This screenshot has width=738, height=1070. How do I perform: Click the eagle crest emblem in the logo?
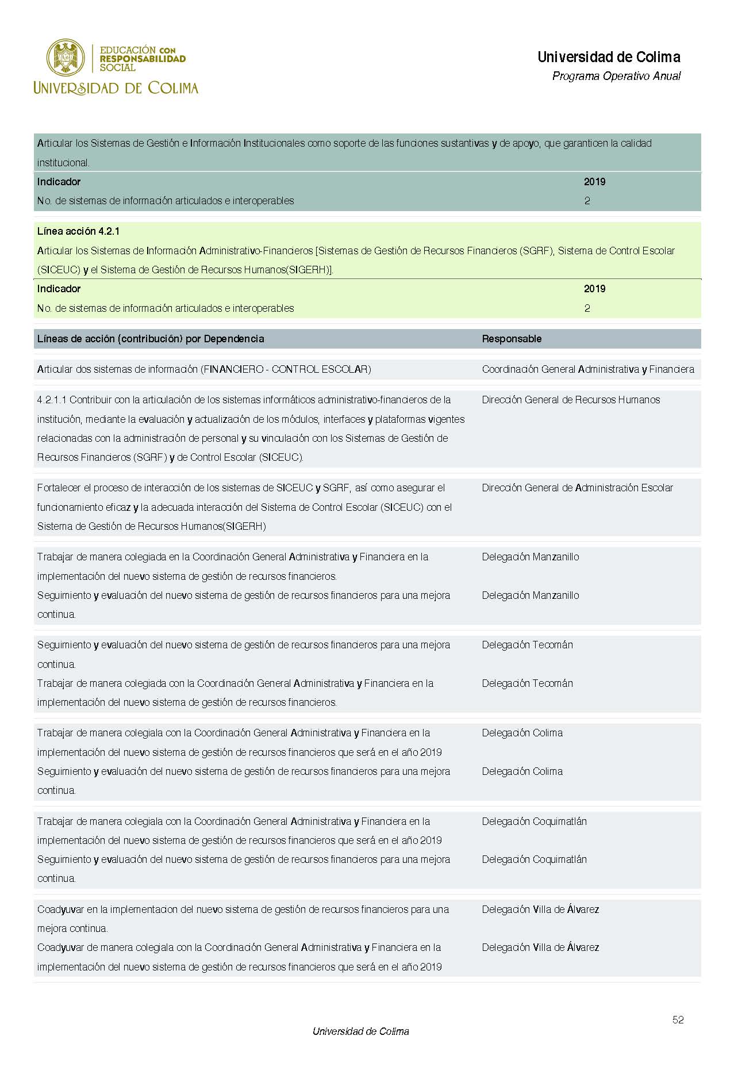click(x=66, y=58)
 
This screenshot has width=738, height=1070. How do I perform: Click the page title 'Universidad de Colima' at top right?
click(x=609, y=57)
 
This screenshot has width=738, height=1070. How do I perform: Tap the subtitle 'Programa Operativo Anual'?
click(x=616, y=76)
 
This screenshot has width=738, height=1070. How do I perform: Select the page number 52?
click(x=678, y=1020)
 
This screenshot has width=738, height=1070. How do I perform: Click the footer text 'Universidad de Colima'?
click(x=360, y=1031)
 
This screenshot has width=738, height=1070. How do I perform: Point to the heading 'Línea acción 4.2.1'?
click(x=78, y=231)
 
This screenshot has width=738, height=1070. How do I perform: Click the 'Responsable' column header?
click(x=512, y=339)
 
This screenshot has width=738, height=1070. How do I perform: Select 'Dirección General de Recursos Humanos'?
click(x=571, y=400)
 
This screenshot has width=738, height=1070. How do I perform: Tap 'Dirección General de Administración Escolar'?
click(x=577, y=488)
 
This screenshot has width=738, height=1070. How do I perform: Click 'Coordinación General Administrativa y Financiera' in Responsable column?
click(x=588, y=369)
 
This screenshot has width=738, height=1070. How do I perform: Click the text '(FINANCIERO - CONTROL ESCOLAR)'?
click(x=286, y=369)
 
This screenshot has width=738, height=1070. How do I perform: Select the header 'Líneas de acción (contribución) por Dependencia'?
click(x=151, y=339)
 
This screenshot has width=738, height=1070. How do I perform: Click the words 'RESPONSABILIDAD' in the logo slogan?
click(x=143, y=59)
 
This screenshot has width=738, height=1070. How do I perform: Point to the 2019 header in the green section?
click(x=594, y=289)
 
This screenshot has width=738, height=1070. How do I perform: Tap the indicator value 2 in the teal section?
click(x=587, y=201)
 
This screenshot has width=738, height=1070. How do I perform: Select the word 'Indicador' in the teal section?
click(x=59, y=182)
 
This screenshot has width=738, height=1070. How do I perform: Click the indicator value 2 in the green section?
click(x=587, y=308)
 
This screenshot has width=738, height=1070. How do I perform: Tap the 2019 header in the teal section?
click(x=594, y=182)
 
